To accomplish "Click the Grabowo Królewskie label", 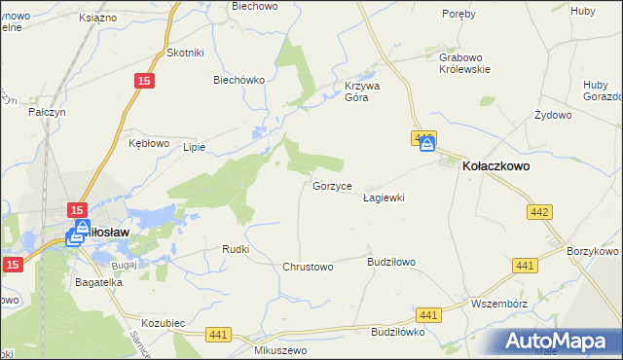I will click(x=463, y=63).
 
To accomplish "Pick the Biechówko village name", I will click(x=239, y=81).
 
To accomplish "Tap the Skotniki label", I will click(x=184, y=54).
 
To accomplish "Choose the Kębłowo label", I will click(x=150, y=142).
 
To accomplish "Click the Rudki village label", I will click(x=237, y=249).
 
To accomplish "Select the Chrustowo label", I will click(x=308, y=266).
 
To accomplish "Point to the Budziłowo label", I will click(x=391, y=262).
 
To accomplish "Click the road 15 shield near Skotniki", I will click(x=144, y=83).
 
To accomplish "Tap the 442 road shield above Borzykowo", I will click(x=539, y=211).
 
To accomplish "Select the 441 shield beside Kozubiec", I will click(x=218, y=335).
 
